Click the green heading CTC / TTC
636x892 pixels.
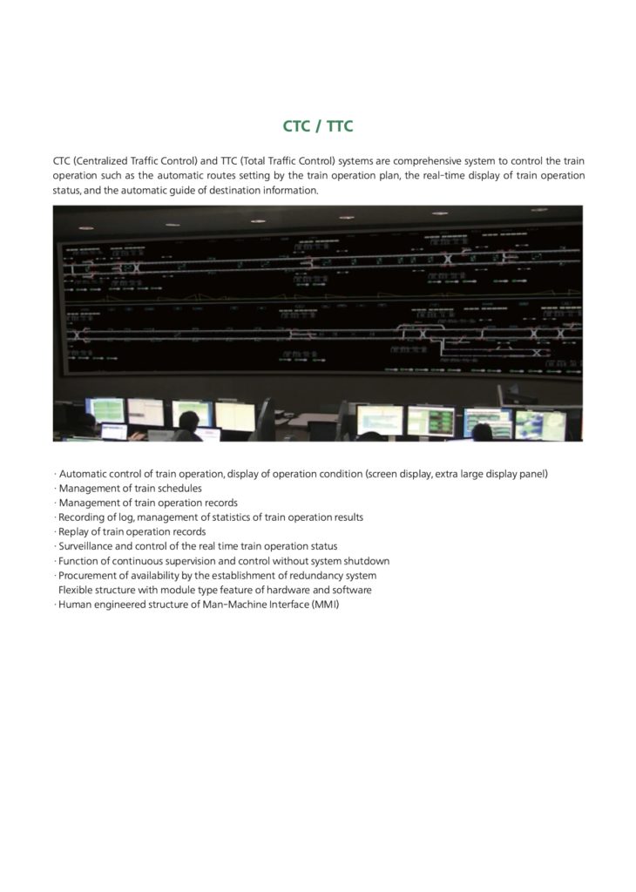(x=318, y=127)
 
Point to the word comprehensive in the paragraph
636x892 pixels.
(x=409, y=161)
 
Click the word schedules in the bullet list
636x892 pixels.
(x=179, y=489)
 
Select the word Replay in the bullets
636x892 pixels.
(x=74, y=531)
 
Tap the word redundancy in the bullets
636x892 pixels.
(x=311, y=576)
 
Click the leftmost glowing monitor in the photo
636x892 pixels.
(x=105, y=410)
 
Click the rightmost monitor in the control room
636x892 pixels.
(x=540, y=424)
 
